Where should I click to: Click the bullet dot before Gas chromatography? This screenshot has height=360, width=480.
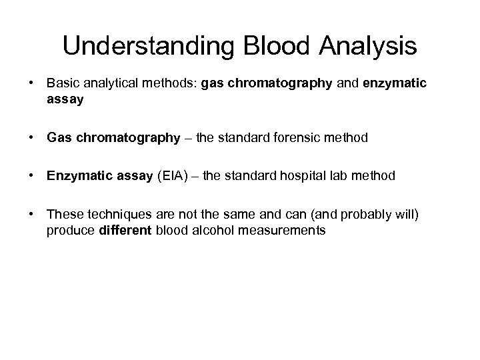pyautogui.click(x=31, y=139)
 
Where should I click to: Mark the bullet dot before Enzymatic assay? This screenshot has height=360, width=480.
pyautogui.click(x=31, y=177)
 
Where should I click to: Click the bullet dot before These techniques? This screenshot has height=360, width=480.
pyautogui.click(x=31, y=215)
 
